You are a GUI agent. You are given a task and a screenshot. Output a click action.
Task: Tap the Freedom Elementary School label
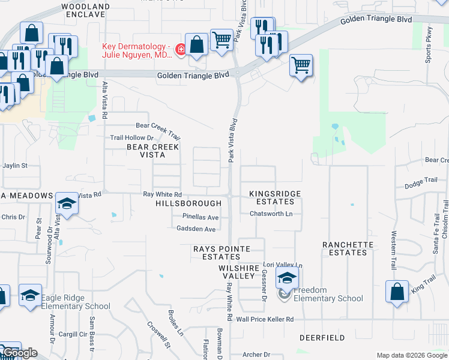coord(328,294)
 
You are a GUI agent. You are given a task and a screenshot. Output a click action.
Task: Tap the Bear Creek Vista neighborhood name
coord(152,151)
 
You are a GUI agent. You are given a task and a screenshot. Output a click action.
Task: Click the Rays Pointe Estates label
coord(217,252)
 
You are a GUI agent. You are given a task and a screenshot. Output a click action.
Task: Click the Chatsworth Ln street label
coord(271,214)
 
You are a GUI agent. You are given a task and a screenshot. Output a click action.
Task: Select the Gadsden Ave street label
coord(196,229)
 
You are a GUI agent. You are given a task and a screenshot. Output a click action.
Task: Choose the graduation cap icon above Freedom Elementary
coord(288,278)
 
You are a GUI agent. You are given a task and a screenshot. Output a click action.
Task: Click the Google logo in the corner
coord(20,353)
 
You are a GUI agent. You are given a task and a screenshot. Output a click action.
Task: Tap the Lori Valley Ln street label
coord(283,265)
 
